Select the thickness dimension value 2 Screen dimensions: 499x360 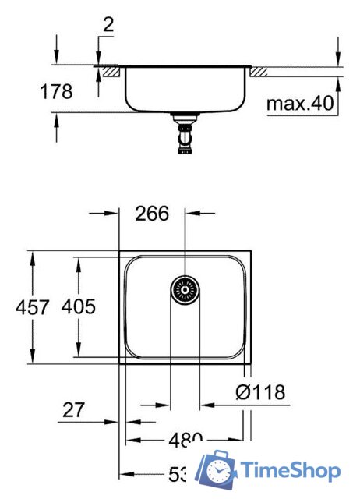point(107,24)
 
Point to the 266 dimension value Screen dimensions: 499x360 point(152,214)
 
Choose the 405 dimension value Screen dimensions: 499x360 point(79,306)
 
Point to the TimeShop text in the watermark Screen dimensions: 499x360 point(290,471)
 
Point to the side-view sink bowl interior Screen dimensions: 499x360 point(185,90)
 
